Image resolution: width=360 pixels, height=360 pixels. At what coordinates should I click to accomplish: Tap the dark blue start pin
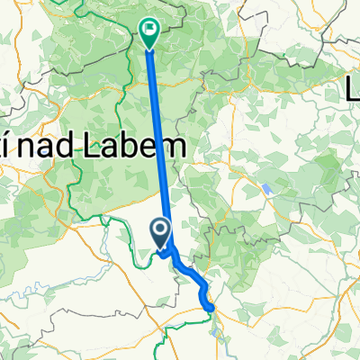(x=161, y=236)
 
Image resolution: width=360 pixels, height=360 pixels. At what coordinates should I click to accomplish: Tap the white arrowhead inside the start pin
(x=161, y=233)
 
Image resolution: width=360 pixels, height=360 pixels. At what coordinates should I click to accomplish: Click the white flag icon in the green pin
(x=149, y=30)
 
